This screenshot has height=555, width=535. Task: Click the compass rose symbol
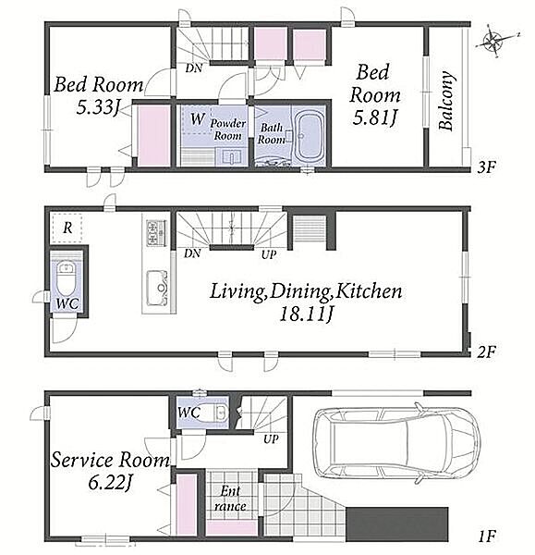(x=495, y=41)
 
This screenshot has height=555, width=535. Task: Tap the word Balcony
(x=445, y=101)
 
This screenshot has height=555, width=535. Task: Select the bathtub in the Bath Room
(x=310, y=136)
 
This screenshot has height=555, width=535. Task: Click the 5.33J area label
(x=97, y=106)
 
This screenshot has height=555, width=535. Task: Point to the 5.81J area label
(x=373, y=117)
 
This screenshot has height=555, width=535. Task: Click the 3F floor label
(x=486, y=167)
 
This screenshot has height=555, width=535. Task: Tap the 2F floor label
(x=487, y=351)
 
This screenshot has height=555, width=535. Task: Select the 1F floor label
(x=487, y=536)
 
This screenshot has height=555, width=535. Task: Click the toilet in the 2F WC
(x=67, y=278)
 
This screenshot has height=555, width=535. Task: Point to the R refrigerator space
(x=67, y=228)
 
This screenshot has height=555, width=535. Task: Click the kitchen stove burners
(x=156, y=233)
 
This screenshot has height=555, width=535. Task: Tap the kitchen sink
(x=157, y=288)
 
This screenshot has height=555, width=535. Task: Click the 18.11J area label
(x=306, y=314)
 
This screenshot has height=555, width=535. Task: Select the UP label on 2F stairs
(x=269, y=254)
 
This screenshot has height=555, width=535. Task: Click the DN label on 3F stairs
(x=194, y=68)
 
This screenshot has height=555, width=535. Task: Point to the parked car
(x=395, y=446)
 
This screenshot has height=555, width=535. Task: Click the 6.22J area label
(x=110, y=483)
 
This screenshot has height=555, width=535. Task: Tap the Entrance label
(x=230, y=498)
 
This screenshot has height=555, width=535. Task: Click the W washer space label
(x=198, y=119)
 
